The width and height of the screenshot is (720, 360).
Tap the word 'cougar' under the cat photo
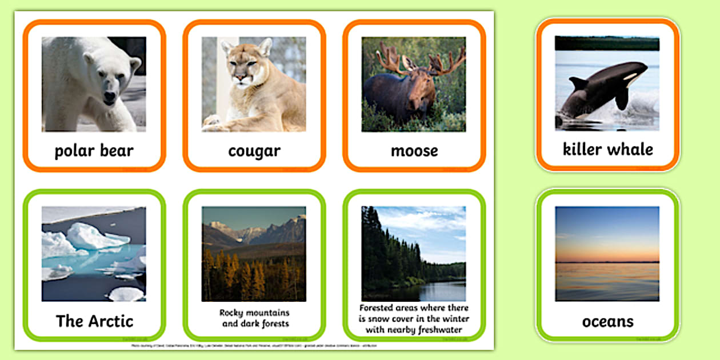[254, 151]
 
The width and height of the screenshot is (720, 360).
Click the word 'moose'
[414, 151]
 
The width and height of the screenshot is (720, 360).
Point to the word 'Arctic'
[110, 321]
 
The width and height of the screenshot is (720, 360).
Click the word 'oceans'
[607, 322]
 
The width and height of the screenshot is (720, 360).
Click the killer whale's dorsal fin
[578, 83]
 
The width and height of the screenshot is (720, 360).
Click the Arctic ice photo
[94, 254]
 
